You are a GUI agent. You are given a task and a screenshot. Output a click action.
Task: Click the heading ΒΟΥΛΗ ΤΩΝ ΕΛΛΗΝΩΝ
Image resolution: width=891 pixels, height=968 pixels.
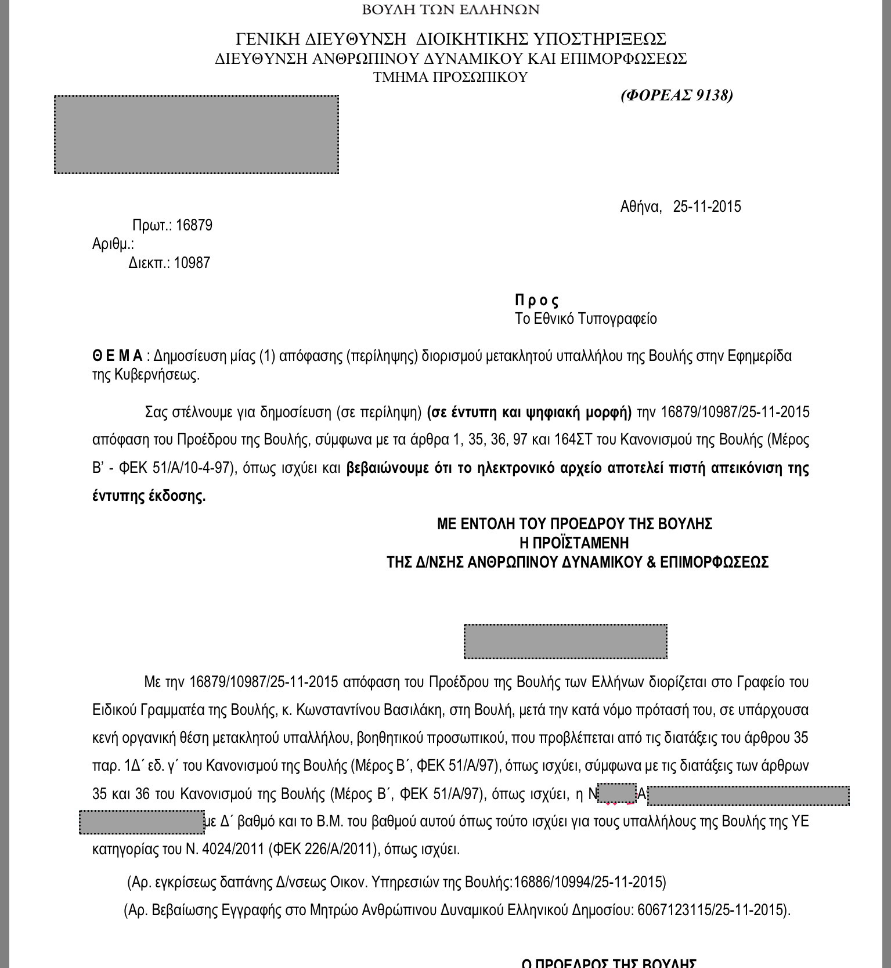450,10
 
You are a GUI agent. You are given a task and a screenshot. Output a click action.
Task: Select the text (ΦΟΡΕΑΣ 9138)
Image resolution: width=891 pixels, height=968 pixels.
676,95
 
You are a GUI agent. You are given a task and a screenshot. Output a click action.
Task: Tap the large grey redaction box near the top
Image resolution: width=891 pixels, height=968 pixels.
196,135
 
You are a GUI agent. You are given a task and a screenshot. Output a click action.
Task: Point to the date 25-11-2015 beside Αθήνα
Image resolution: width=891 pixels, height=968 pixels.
706,207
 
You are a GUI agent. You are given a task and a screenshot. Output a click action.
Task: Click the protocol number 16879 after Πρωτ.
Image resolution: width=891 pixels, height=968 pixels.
194,225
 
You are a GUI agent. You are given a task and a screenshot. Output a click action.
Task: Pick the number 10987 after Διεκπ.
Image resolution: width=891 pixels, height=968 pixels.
192,263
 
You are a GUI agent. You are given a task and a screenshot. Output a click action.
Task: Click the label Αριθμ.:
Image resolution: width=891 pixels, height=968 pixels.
113,244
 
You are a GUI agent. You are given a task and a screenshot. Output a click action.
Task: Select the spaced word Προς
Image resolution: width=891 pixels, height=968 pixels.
536,301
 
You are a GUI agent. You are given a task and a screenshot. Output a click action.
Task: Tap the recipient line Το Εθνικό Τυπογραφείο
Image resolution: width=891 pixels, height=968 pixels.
586,319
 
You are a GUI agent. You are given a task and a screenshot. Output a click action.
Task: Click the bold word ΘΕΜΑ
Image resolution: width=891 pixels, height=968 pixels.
117,356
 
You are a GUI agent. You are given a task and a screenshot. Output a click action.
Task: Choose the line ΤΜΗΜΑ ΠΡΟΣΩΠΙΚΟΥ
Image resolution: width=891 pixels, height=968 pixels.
450,77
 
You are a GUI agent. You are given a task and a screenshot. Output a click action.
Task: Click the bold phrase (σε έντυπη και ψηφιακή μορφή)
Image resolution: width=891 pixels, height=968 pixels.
529,412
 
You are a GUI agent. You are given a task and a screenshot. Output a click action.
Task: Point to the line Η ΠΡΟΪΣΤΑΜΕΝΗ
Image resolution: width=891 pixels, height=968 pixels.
574,543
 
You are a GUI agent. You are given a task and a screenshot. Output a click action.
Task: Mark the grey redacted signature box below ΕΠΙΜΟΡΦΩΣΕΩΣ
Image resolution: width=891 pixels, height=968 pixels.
565,641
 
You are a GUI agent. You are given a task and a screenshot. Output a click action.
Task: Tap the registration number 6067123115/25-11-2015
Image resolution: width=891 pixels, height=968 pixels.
712,909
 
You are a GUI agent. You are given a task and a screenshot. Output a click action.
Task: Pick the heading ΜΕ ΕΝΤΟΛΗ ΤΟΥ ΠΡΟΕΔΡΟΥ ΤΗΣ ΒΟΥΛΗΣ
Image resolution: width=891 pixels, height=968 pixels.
574,524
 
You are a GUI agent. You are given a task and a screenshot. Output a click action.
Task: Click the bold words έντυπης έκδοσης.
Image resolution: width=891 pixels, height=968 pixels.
149,496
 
